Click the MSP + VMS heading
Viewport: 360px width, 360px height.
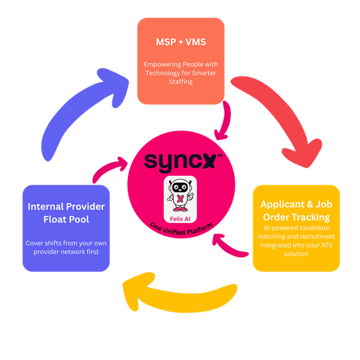point(180,42)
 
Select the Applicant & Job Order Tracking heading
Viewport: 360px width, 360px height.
point(295,210)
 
